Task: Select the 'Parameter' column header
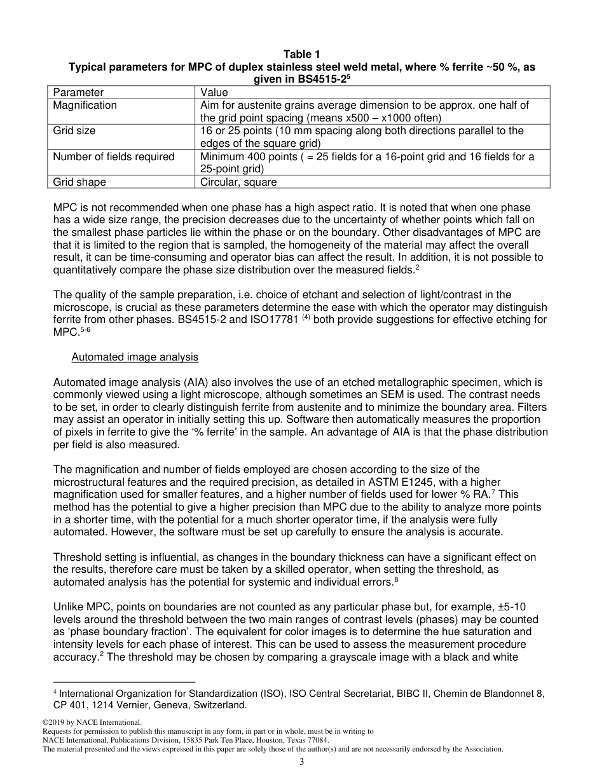coord(78,93)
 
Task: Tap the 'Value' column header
coord(214,93)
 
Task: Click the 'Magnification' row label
coord(85,105)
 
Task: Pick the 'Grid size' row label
coord(74,131)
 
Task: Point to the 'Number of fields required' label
coord(114,156)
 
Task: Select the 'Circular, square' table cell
coord(238,182)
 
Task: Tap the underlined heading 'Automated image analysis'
coord(135,357)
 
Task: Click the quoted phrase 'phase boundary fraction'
coord(127,632)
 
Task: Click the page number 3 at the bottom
coord(302,762)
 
